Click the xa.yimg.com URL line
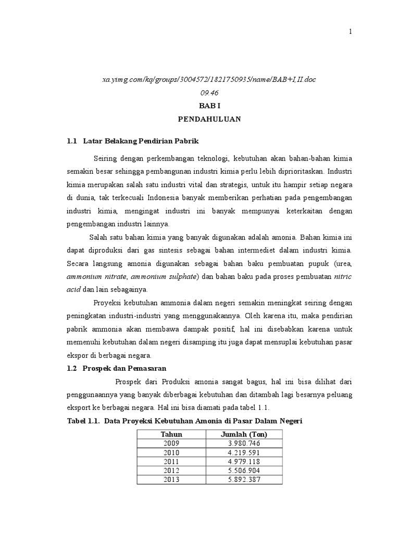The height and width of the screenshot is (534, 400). [x=209, y=79]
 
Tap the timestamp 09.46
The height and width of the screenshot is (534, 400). [x=209, y=92]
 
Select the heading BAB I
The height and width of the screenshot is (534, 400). [x=209, y=106]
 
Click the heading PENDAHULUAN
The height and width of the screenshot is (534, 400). [x=209, y=119]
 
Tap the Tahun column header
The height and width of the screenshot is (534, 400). [x=171, y=434]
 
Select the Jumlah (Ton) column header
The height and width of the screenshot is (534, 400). [x=244, y=434]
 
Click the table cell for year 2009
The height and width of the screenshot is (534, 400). [x=171, y=443]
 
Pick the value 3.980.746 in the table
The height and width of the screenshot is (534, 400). [x=244, y=443]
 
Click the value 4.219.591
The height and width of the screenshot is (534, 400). [x=244, y=453]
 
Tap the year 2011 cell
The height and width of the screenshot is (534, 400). [x=171, y=462]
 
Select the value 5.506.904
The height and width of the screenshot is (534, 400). [x=244, y=470]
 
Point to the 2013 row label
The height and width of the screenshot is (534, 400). [x=171, y=480]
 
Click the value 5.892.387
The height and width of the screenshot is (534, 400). [x=244, y=480]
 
